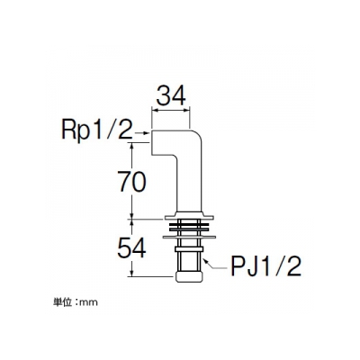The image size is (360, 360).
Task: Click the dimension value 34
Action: [x=171, y=95]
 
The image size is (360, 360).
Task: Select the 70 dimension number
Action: [x=132, y=181]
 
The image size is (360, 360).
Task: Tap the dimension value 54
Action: [x=131, y=247]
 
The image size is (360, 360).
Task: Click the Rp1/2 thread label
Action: [x=97, y=130]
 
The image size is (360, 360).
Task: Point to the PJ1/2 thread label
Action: [x=265, y=265]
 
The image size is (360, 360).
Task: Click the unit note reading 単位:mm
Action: [x=76, y=302]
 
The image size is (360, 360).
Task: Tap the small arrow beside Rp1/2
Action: [x=142, y=132]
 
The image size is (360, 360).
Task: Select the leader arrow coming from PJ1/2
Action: [x=215, y=264]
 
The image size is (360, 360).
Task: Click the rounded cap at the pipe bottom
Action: [x=189, y=276]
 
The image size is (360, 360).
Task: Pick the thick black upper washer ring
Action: [x=189, y=224]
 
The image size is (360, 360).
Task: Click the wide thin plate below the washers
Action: [x=189, y=238]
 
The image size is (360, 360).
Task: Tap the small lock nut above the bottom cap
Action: [x=189, y=248]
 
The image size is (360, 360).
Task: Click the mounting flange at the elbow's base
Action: [x=189, y=216]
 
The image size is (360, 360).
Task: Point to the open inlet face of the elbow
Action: [x=151, y=143]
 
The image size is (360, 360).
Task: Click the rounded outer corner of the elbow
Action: [x=197, y=135]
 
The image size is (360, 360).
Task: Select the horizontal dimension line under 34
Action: [x=171, y=110]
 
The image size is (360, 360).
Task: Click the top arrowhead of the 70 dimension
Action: [x=132, y=145]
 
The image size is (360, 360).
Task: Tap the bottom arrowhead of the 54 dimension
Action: [x=132, y=274]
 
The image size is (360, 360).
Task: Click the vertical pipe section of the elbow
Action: [x=189, y=183]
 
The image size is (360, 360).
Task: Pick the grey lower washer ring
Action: [x=189, y=229]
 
